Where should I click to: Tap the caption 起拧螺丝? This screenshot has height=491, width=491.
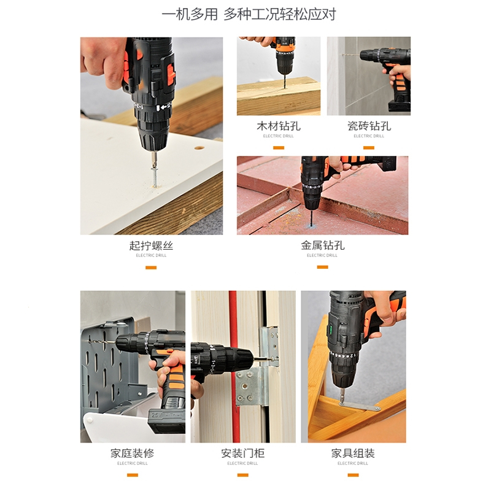(x=151, y=245)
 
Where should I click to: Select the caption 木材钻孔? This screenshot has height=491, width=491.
(x=279, y=126)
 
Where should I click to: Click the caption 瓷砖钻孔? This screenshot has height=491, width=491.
(x=368, y=126)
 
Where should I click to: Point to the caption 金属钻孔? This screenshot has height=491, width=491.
(x=322, y=245)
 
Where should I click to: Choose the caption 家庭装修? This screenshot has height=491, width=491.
(x=133, y=454)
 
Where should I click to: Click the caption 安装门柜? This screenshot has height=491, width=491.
(x=242, y=454)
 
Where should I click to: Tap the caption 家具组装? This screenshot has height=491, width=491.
(x=353, y=454)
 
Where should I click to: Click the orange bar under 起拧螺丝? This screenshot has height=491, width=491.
(x=151, y=267)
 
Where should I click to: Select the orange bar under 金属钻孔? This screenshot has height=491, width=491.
(x=322, y=267)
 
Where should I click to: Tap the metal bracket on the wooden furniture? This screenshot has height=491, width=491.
(x=360, y=405)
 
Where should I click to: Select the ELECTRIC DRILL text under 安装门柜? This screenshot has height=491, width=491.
(x=242, y=463)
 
